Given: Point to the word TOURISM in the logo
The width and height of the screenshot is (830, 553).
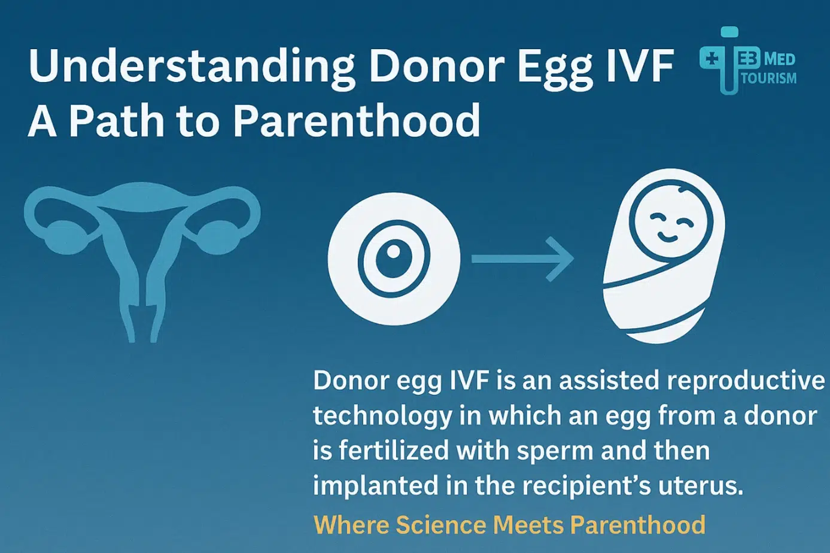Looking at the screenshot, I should (x=768, y=78).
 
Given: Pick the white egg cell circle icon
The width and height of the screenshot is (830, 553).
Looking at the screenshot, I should (x=394, y=259).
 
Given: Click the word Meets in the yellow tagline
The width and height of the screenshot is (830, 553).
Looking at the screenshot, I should (x=529, y=525).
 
